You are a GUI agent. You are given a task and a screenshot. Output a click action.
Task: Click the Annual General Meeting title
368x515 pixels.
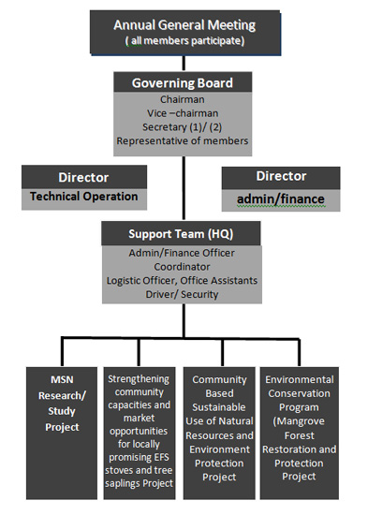point(184,23)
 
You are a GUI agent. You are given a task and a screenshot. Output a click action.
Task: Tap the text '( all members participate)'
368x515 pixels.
point(184,40)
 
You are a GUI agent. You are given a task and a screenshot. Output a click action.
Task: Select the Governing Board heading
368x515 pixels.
point(183,81)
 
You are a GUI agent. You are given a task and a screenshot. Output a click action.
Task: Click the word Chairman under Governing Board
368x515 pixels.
point(183,99)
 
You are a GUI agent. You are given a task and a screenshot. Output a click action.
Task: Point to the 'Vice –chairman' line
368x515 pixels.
point(183,113)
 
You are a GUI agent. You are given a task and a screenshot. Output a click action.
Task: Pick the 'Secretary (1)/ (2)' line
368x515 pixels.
point(183,127)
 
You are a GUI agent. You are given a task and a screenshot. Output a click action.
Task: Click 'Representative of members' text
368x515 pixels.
point(183,141)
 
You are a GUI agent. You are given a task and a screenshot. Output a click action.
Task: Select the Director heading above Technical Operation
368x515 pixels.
point(83,177)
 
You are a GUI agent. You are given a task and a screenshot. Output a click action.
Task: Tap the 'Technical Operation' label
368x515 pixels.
point(83,197)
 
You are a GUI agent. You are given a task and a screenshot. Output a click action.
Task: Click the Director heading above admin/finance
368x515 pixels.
point(280,176)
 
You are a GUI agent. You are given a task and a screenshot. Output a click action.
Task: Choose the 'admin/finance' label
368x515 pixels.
point(280,198)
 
